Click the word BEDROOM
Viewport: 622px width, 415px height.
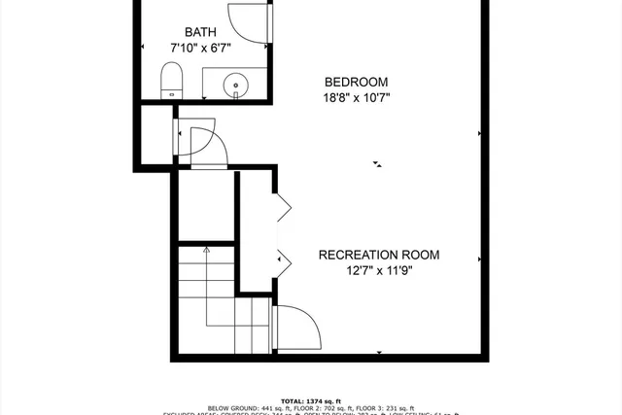point(357,82)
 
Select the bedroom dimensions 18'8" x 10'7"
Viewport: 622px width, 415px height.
point(357,97)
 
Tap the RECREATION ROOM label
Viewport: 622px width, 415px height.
point(379,256)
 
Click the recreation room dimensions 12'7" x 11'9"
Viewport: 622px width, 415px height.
point(379,271)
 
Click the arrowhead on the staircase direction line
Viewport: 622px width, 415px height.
point(205,249)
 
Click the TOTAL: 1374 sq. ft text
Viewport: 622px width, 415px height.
point(311,400)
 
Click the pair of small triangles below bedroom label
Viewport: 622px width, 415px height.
point(377,164)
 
